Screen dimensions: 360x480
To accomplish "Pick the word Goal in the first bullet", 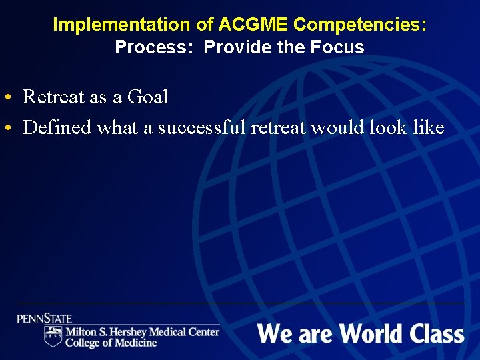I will [x=147, y=97].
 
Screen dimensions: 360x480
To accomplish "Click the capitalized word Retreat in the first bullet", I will [x=53, y=97].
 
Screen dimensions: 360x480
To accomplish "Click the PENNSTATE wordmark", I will [x=45, y=319].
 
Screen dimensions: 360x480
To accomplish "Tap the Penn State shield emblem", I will [x=53, y=337].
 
